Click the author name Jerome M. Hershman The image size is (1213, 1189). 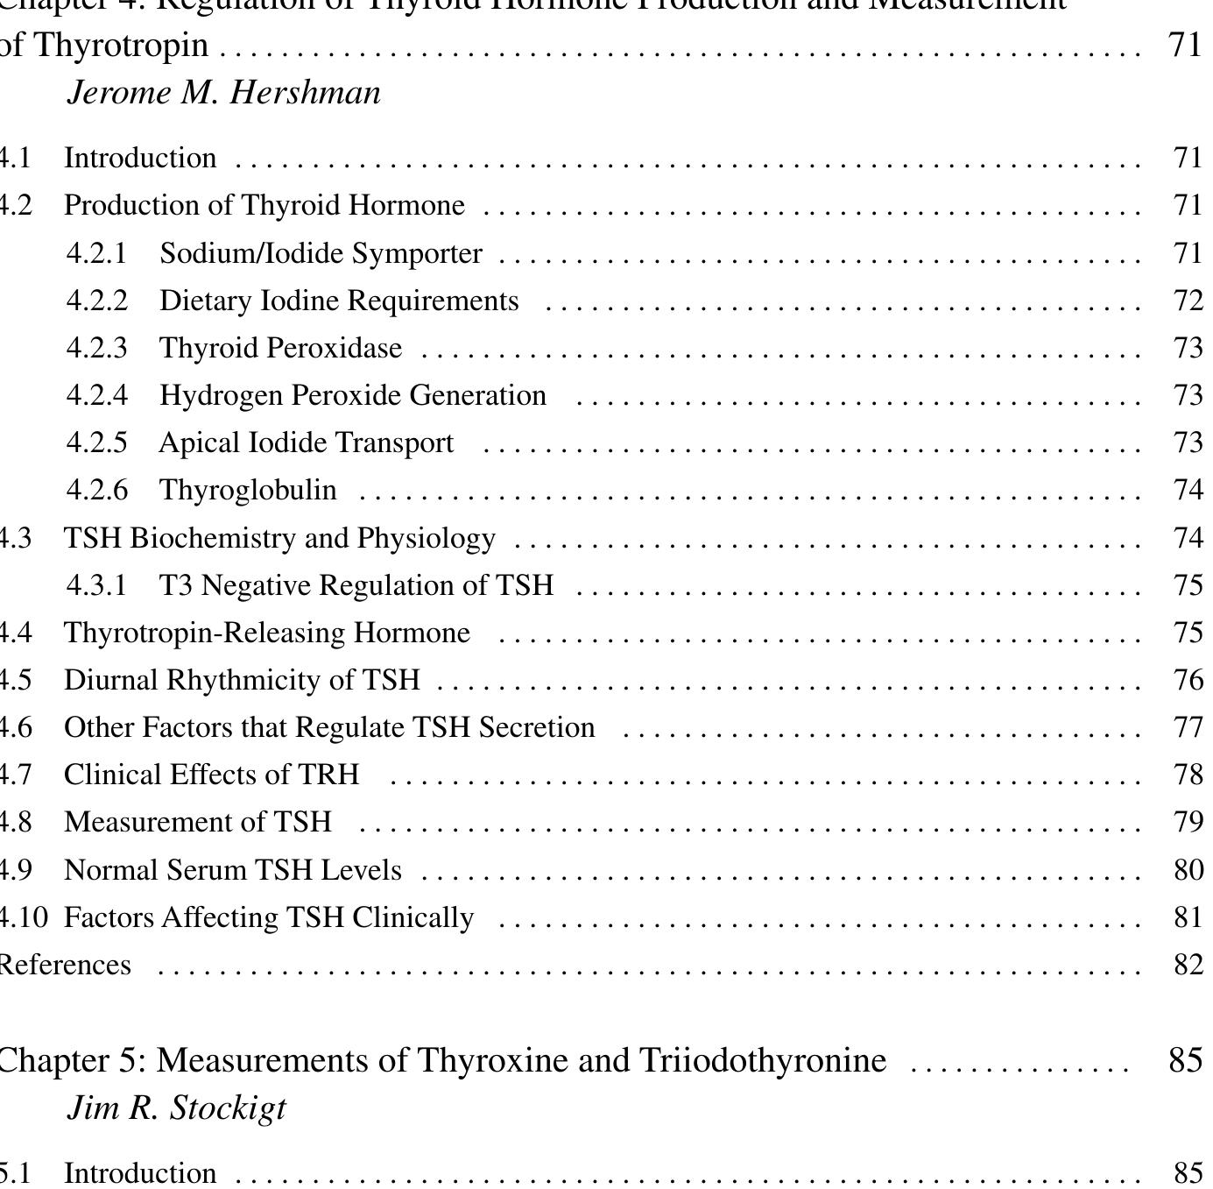(224, 93)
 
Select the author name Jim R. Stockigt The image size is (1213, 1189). (176, 1108)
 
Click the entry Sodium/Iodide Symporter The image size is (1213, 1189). (321, 253)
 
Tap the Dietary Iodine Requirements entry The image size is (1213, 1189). (339, 301)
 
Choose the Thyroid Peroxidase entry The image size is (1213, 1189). (280, 348)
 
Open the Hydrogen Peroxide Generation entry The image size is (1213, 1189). (353, 395)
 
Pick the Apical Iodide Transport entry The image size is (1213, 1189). (307, 442)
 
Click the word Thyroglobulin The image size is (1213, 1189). (248, 490)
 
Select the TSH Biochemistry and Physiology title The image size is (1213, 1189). (279, 538)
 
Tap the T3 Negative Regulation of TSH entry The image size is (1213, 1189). (356, 585)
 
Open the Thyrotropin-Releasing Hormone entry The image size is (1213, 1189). (267, 633)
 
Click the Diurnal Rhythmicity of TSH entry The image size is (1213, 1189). (242, 680)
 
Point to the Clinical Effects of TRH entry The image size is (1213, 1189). (211, 775)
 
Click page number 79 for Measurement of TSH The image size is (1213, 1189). (1188, 822)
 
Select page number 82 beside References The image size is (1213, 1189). (1188, 965)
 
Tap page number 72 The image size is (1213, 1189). (1188, 301)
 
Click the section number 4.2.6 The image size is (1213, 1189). (97, 490)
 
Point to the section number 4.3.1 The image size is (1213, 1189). (97, 585)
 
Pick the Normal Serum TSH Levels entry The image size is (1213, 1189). (233, 870)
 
